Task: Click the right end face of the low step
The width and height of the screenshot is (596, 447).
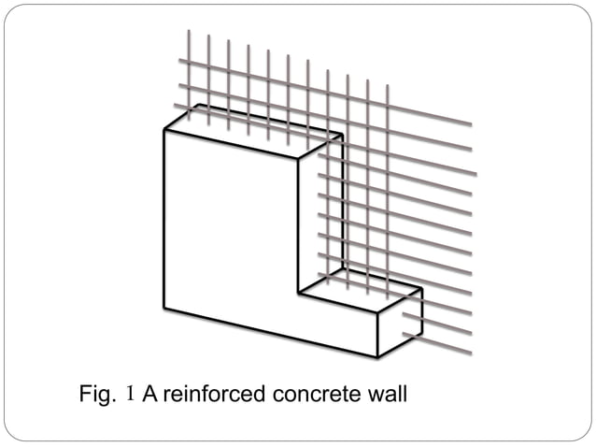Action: [400, 323]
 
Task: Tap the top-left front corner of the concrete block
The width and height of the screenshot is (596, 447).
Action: [164, 130]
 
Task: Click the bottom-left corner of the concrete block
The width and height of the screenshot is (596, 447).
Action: [164, 309]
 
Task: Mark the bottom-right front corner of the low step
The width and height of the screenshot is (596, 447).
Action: [377, 357]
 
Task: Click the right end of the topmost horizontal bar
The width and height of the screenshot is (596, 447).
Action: [471, 123]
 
